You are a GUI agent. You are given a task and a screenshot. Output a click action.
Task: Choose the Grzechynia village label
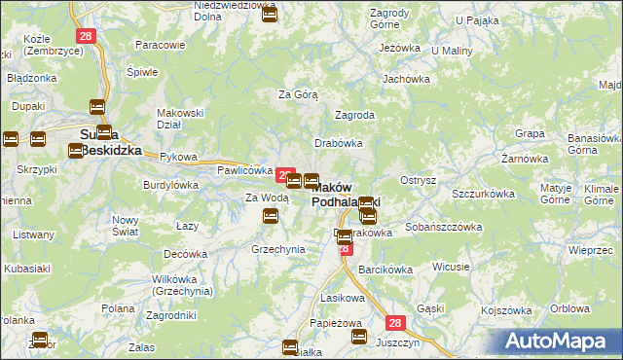[x=278, y=249]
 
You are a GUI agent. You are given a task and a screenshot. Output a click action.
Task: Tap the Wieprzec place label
[x=593, y=250]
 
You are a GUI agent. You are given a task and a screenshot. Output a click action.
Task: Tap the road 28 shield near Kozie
[x=86, y=35]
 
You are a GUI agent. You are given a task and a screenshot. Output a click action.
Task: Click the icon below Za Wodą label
[x=272, y=217]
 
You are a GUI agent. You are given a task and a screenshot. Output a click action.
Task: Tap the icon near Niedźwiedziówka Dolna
[x=270, y=15]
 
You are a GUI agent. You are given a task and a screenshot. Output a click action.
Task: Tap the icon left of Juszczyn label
[x=358, y=338]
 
